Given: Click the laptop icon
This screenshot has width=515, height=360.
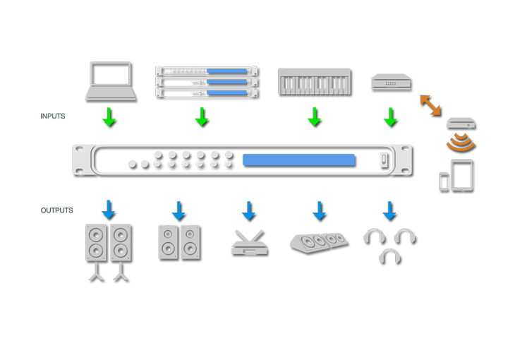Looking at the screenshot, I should pos(110,80).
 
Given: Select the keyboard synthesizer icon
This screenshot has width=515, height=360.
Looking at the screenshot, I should pos(314,81).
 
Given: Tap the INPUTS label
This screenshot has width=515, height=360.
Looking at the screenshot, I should pos(53,116).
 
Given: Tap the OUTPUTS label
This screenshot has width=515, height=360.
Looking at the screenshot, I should pos(56,210).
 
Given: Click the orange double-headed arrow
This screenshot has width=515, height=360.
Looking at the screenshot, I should pos(430,104).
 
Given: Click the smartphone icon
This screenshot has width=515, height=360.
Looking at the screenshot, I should pos(443,181).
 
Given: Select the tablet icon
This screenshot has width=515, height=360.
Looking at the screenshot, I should pos(461,174).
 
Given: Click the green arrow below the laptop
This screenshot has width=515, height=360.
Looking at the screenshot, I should pos(109,116).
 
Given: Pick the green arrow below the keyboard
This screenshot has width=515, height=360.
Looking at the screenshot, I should pos(315,116).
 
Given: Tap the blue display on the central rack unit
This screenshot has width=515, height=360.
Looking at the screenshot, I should pos(298,160).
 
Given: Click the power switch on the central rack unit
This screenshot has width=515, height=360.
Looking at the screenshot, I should pos(384,160).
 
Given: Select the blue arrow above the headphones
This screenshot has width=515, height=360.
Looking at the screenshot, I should pos(389,210).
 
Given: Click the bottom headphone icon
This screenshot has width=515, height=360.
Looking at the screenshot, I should pos(389,255).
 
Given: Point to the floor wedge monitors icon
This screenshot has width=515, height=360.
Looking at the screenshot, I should pos(319,241).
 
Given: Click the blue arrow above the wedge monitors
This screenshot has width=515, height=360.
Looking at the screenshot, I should pos(319,210).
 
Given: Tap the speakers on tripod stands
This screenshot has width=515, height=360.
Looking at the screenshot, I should pos(109,251).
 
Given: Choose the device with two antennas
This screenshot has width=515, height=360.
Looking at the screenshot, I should pos(249,243).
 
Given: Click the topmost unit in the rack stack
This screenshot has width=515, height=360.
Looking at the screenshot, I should pos(206,71).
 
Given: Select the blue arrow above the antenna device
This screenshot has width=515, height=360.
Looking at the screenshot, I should pos(248,210).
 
